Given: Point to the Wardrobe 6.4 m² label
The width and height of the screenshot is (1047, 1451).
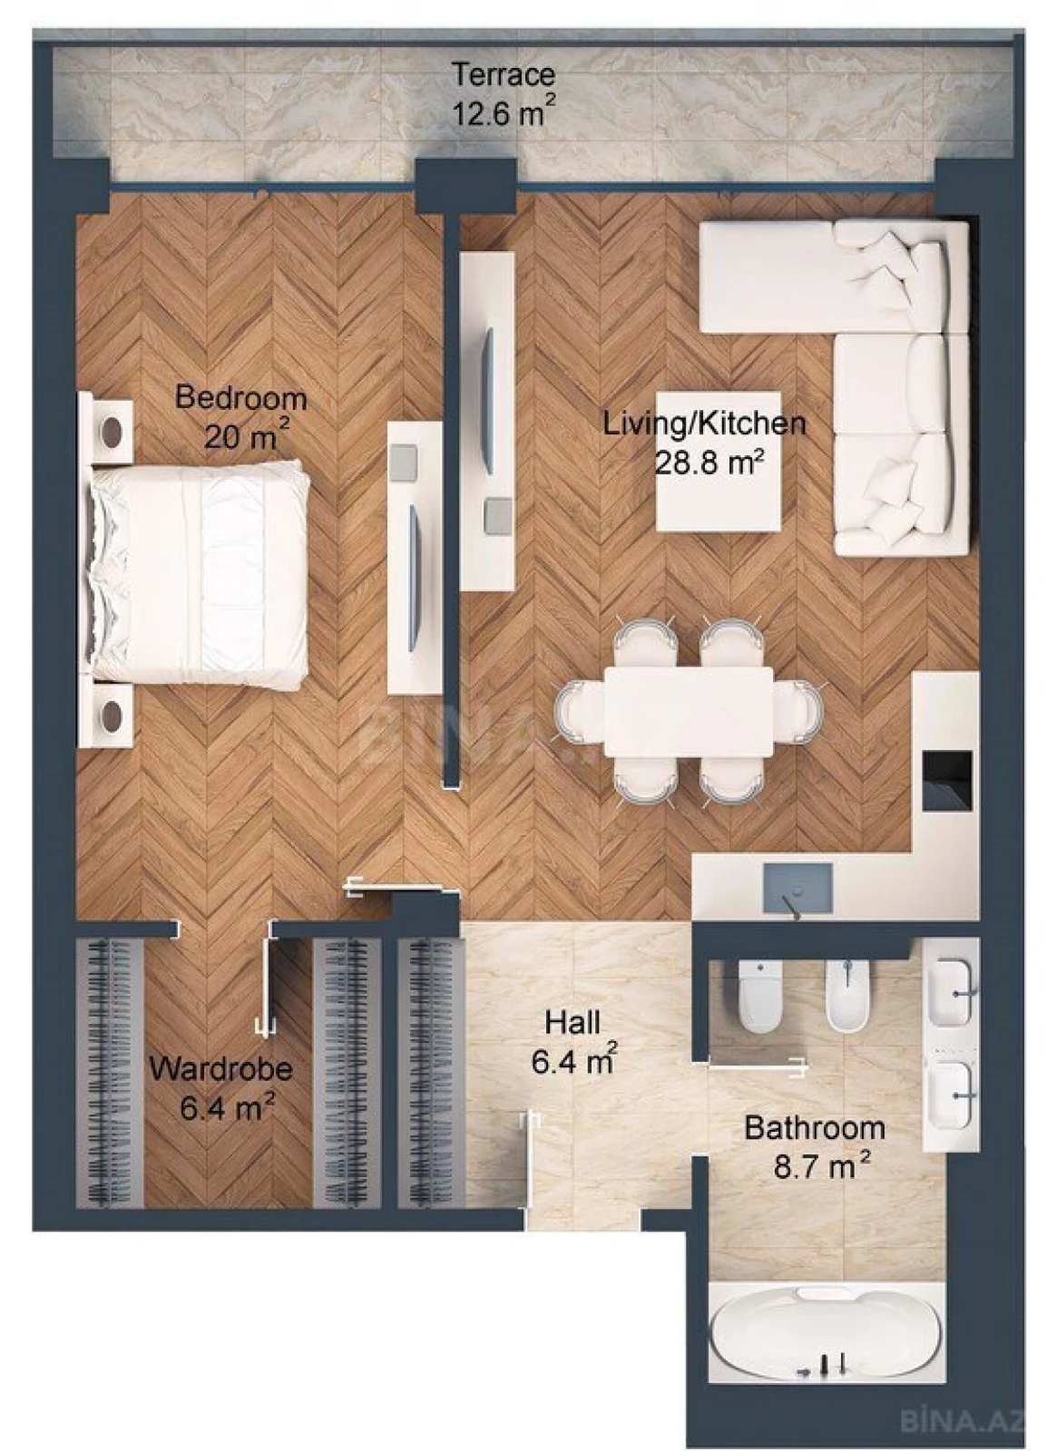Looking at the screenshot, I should click(x=221, y=1087).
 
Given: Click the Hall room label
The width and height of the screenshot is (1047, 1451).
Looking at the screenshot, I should click(x=573, y=1042).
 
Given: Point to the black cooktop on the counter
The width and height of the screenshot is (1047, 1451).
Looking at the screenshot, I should click(x=947, y=779).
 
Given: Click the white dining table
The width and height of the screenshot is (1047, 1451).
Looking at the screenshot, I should click(x=688, y=711).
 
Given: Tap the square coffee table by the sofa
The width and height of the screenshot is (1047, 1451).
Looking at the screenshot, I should click(x=718, y=463).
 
